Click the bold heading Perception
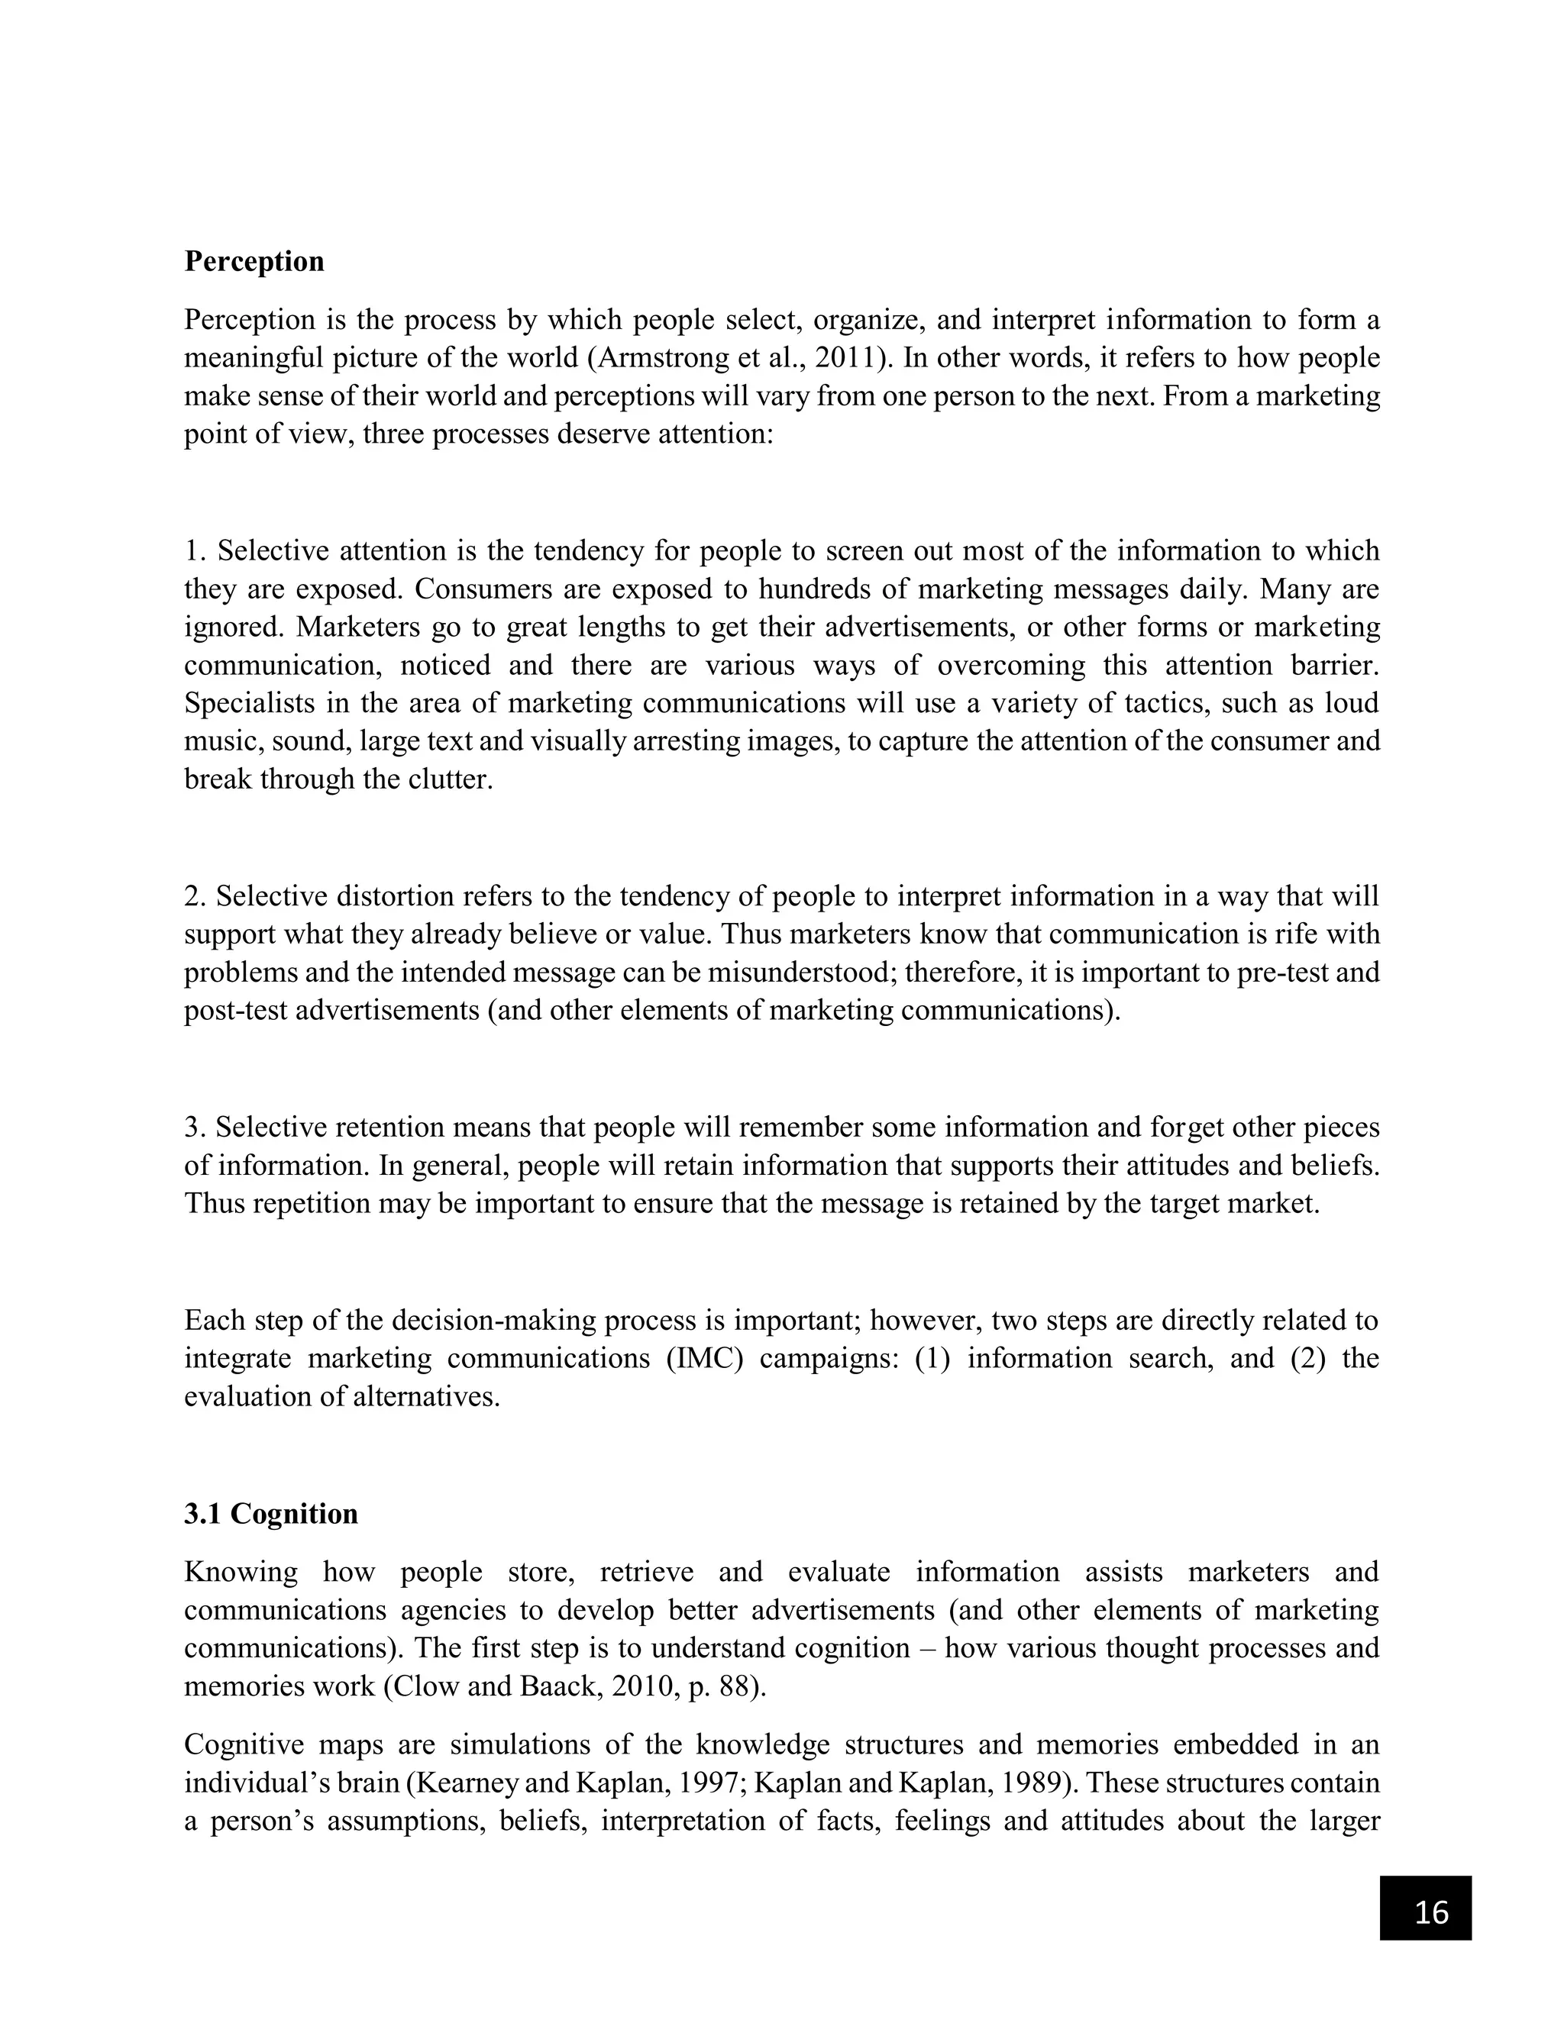click(x=254, y=261)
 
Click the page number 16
click(x=1432, y=1912)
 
